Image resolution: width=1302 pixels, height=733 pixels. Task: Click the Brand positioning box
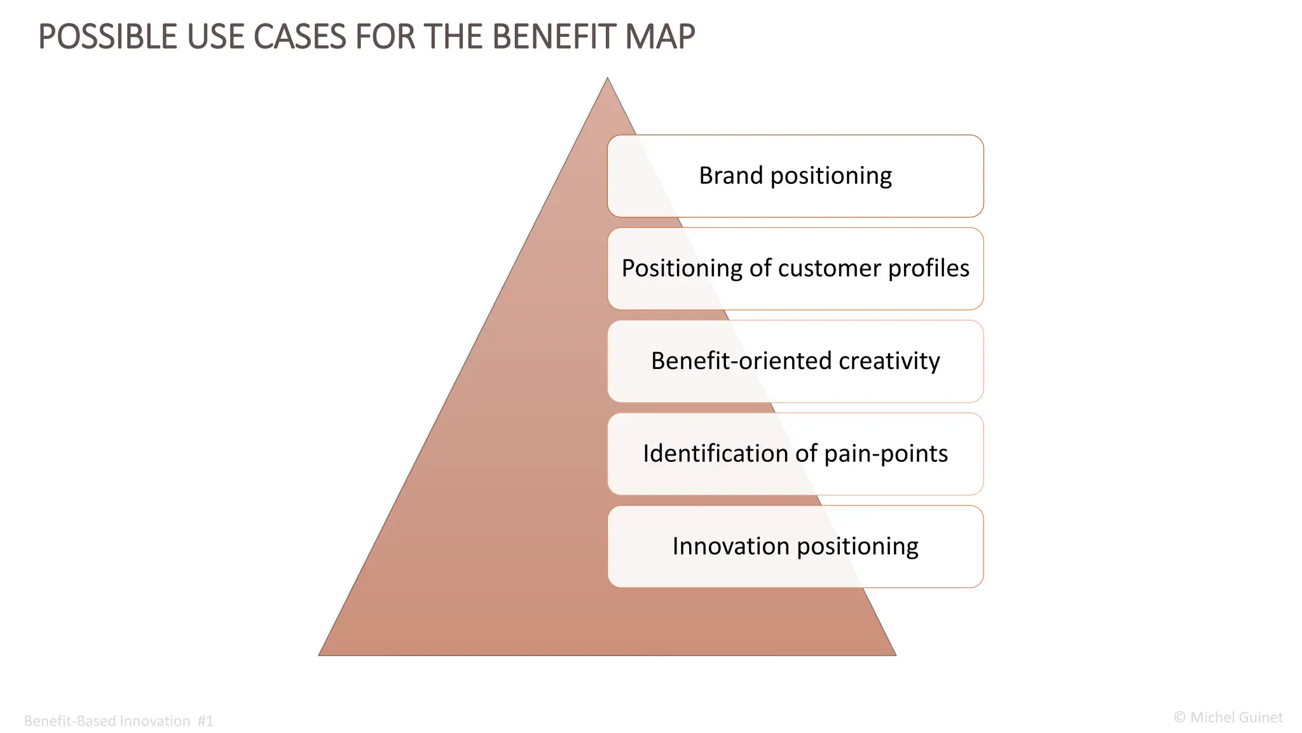click(x=795, y=176)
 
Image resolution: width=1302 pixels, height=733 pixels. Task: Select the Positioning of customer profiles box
click(x=795, y=269)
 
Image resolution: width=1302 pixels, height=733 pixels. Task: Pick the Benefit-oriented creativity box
click(x=795, y=361)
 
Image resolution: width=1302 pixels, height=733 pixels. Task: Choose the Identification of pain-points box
click(x=795, y=454)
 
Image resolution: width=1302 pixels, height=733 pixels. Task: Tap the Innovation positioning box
click(x=795, y=547)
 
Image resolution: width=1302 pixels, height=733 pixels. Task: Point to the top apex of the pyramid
click(x=607, y=80)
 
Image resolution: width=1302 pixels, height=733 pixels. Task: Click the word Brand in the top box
click(x=731, y=176)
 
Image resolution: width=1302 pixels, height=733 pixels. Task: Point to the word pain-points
click(x=886, y=454)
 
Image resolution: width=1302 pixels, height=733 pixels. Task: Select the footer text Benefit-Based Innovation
click(x=107, y=721)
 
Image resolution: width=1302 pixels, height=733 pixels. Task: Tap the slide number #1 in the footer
click(x=205, y=721)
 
